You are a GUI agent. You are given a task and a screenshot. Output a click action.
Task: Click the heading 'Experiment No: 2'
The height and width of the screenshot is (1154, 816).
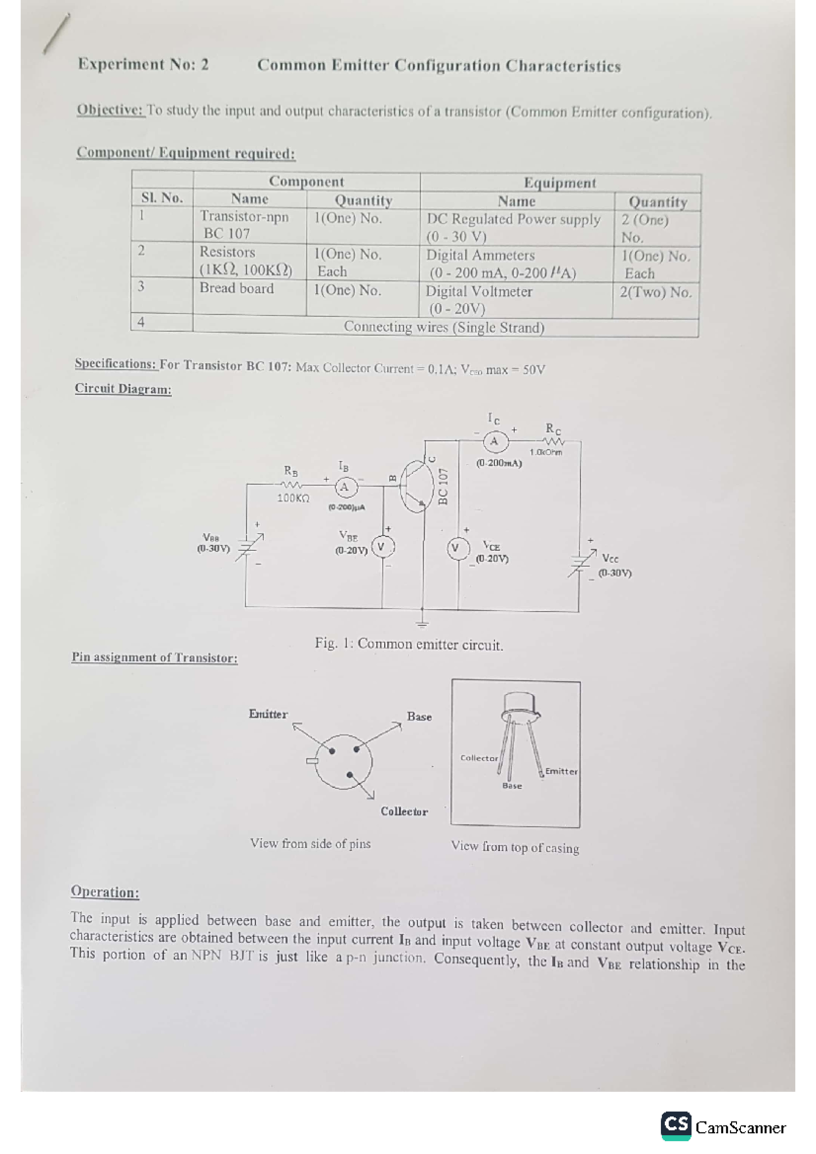pos(143,65)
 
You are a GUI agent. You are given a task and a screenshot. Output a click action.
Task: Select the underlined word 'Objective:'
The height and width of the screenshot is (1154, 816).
pos(110,110)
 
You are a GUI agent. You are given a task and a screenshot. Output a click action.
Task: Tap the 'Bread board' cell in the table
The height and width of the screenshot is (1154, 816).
pos(237,289)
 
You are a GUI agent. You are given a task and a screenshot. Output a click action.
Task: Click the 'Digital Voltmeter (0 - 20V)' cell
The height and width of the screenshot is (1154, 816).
pos(479,300)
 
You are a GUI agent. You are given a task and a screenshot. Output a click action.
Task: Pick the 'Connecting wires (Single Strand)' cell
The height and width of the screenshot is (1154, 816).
pos(444,327)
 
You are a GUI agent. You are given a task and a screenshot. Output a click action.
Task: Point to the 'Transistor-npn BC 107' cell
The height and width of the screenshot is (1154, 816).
pos(244,225)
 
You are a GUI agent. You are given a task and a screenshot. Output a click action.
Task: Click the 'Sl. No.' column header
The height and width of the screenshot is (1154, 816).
pos(162,198)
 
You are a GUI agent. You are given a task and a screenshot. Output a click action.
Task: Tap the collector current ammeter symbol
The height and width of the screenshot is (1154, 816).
pos(494,442)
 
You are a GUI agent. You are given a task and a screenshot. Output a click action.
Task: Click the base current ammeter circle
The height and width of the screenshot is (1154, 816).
pos(344,487)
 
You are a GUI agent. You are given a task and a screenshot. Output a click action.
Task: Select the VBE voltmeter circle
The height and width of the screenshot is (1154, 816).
pos(381,547)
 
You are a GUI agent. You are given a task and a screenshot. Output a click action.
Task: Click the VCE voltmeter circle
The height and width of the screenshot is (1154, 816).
pos(458,548)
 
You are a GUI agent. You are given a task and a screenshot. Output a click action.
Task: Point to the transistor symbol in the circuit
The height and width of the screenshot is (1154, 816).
pos(414,487)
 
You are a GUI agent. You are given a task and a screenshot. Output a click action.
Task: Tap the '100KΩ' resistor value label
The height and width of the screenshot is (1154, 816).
pos(293,498)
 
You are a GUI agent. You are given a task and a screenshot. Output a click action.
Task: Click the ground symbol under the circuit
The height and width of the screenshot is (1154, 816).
pos(423,622)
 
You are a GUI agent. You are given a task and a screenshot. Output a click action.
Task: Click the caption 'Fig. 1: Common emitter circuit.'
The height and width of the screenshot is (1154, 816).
pos(409,644)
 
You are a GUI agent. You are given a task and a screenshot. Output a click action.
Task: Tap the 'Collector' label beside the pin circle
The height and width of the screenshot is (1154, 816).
pos(404,811)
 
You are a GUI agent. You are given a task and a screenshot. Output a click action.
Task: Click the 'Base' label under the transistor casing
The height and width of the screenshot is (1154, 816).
pos(512,786)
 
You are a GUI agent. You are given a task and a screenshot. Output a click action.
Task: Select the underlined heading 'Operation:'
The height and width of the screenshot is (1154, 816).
pos(105,892)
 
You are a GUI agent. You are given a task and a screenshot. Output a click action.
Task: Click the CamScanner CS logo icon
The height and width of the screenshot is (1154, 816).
pos(676,1126)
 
